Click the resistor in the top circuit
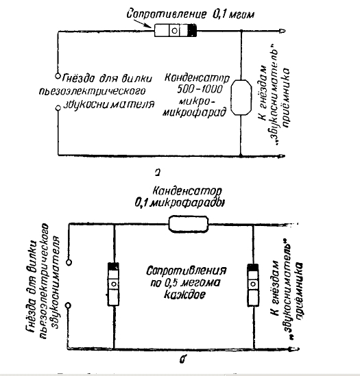(x=176, y=30)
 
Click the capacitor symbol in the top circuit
(x=241, y=97)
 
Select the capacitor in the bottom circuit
(x=188, y=224)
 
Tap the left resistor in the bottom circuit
(x=113, y=284)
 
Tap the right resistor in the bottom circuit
(x=253, y=285)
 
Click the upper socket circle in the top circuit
(x=58, y=76)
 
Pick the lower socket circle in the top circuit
(x=58, y=108)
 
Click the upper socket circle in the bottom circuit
(x=69, y=262)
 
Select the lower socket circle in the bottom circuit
(x=69, y=305)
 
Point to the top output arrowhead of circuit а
(x=283, y=31)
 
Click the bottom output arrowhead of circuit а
(x=282, y=156)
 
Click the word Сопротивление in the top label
(x=166, y=14)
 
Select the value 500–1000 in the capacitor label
(x=200, y=90)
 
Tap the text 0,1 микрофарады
(x=180, y=203)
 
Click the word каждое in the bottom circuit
(x=184, y=294)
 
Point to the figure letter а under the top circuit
(x=158, y=172)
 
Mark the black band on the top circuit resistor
(x=192, y=30)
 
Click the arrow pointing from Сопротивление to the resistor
(x=142, y=23)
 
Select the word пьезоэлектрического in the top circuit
(x=92, y=91)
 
